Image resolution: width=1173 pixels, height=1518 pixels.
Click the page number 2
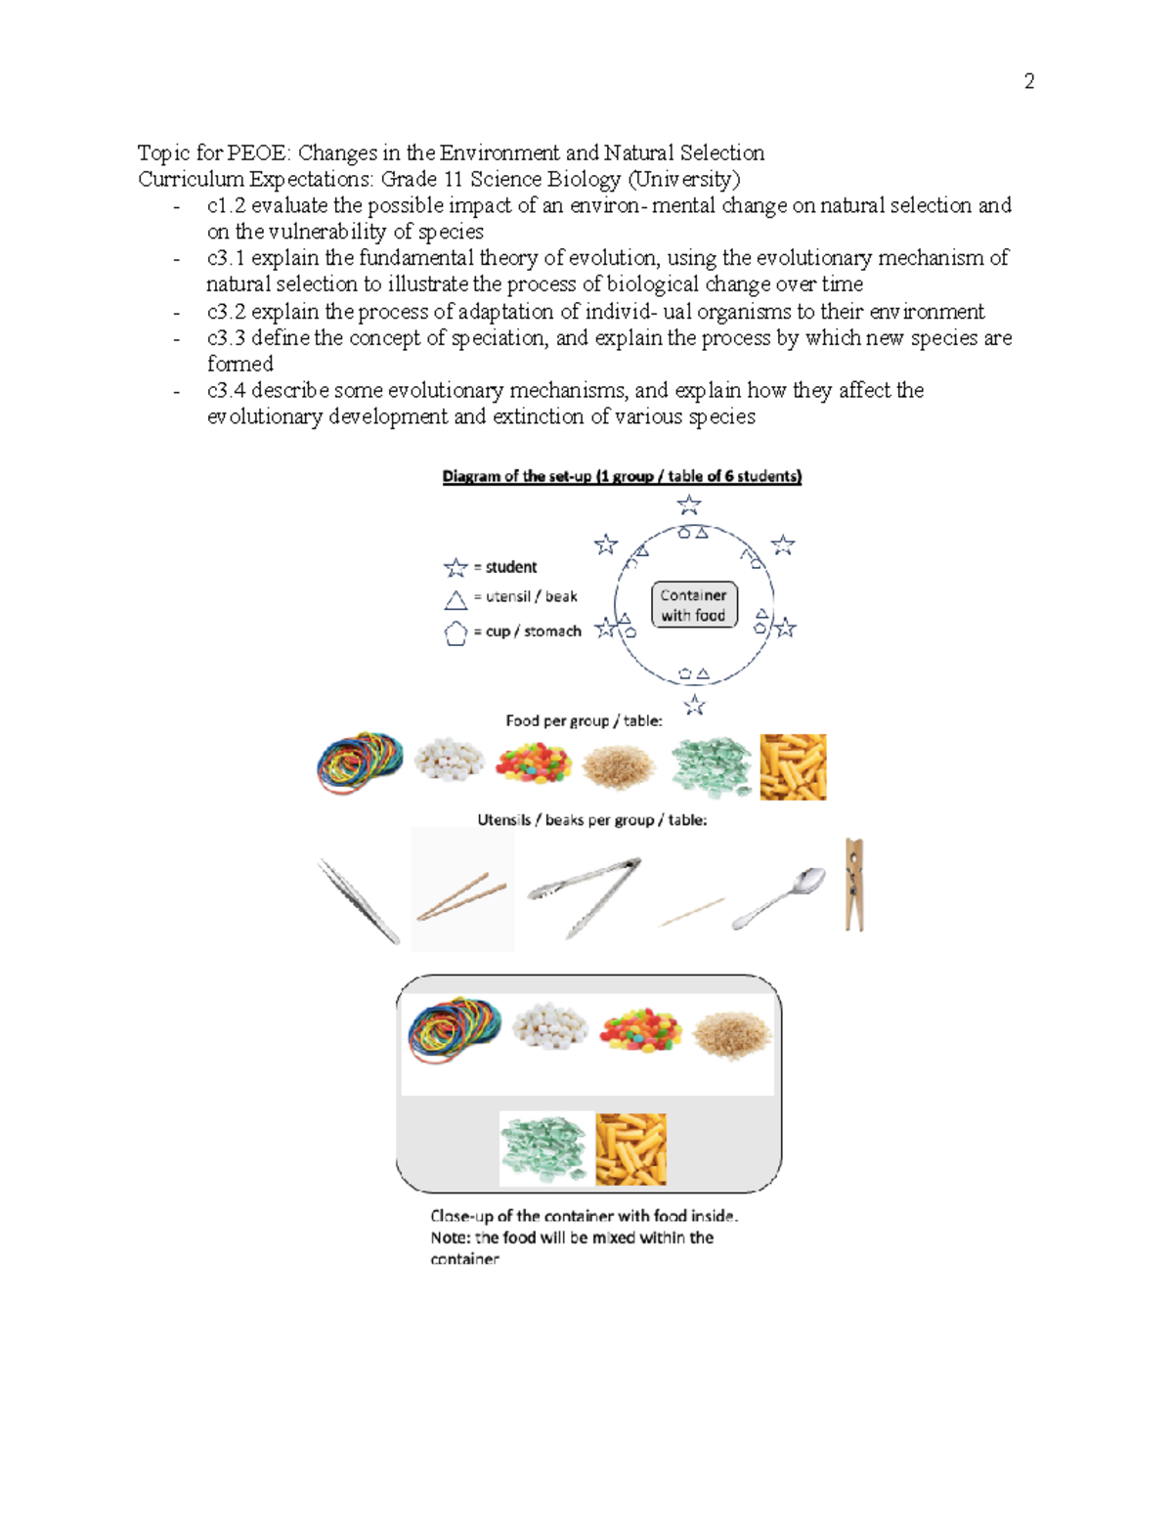[1028, 81]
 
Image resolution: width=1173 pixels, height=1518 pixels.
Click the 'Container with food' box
[693, 605]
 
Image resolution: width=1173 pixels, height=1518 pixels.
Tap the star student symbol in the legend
[456, 568]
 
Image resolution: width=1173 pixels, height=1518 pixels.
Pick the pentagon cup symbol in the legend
[456, 633]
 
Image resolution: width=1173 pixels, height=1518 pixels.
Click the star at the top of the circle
[689, 504]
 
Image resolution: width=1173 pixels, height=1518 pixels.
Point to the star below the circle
[694, 705]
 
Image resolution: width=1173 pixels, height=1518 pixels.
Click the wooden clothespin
[854, 885]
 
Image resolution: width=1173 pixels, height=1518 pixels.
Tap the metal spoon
[780, 897]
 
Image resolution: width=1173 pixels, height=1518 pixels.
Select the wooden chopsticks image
[461, 895]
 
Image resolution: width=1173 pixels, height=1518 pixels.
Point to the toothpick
[692, 912]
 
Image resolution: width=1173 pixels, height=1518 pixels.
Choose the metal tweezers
[359, 900]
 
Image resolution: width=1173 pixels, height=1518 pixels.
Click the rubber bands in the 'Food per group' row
[360, 762]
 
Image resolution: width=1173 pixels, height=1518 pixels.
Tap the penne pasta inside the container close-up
[630, 1149]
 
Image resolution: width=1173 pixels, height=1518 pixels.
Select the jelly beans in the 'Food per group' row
[533, 763]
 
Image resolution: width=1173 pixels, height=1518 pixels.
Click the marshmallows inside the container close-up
[550, 1026]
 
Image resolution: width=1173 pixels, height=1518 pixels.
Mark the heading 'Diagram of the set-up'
[622, 476]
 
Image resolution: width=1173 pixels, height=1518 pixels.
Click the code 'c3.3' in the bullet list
[226, 338]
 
